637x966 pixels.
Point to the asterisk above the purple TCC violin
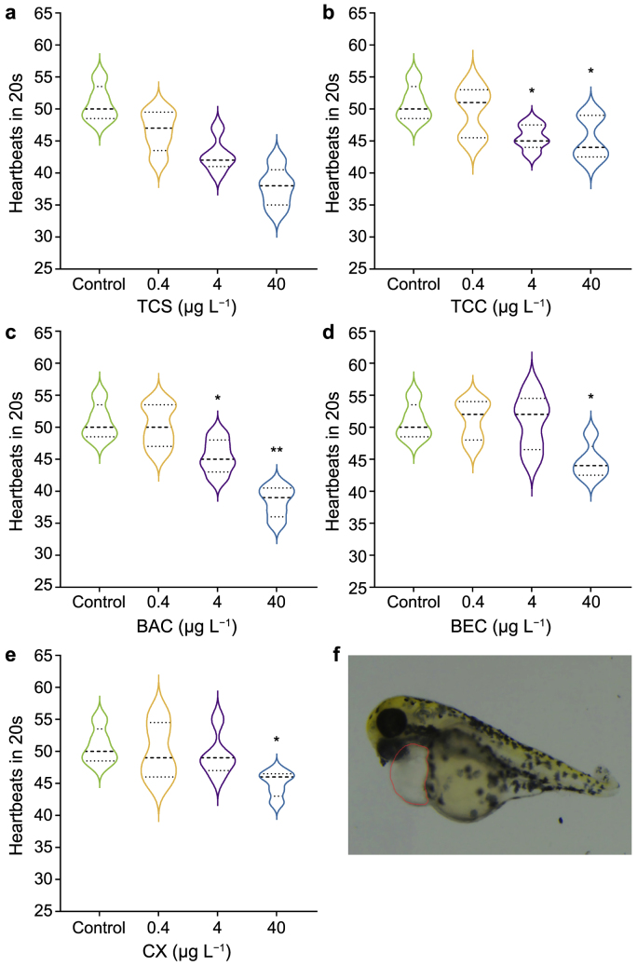532,91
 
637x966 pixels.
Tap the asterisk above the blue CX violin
276,741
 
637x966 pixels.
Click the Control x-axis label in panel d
413,601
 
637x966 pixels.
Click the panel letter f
337,655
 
